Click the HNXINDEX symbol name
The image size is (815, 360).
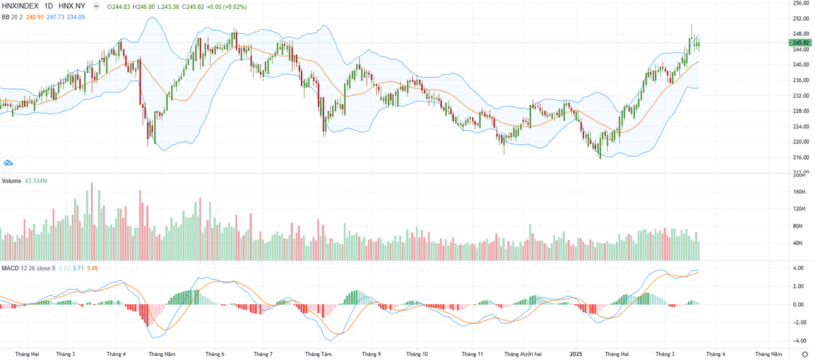click(x=21, y=6)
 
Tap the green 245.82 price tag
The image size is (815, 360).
click(x=801, y=43)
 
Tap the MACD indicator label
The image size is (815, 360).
click(x=10, y=268)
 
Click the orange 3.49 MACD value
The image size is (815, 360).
click(x=92, y=268)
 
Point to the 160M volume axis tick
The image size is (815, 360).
click(x=800, y=192)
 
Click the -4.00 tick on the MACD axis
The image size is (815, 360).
click(x=800, y=341)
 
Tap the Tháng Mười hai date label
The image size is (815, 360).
click(x=523, y=354)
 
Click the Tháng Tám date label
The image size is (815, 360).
click(x=318, y=354)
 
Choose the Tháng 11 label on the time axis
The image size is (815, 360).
click(x=472, y=354)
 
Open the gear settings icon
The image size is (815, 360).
click(x=804, y=354)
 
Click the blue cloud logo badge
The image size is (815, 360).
click(x=8, y=162)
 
